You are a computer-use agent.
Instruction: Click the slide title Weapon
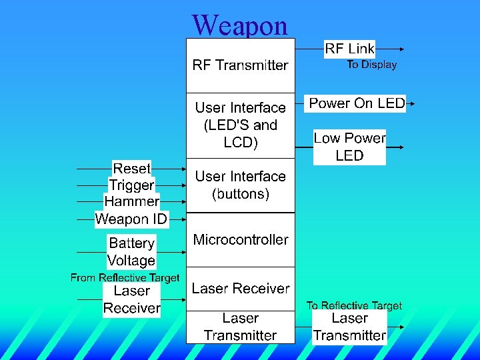click(x=240, y=25)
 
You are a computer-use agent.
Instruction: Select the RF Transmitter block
click(x=240, y=65)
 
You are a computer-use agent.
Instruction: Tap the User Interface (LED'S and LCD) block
click(x=240, y=125)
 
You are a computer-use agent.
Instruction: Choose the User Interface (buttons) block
click(x=240, y=185)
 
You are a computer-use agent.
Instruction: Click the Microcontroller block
click(x=240, y=240)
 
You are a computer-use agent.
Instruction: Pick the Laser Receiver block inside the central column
click(x=240, y=289)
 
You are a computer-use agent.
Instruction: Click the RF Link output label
click(x=349, y=49)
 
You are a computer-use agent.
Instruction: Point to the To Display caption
click(x=371, y=65)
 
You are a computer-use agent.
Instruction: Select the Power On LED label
click(x=357, y=103)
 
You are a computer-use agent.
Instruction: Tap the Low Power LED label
click(x=349, y=147)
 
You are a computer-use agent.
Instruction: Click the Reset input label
click(x=131, y=168)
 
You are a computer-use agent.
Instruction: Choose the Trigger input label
click(x=131, y=185)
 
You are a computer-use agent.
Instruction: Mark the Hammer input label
click(x=131, y=201)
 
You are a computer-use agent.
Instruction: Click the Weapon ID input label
click(x=131, y=219)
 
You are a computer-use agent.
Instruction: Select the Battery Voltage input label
click(x=131, y=252)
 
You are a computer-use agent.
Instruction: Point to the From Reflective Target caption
click(x=125, y=277)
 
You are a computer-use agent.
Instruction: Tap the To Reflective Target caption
click(x=354, y=305)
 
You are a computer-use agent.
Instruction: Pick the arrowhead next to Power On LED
click(x=412, y=103)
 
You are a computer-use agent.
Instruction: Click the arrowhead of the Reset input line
click(x=183, y=169)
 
